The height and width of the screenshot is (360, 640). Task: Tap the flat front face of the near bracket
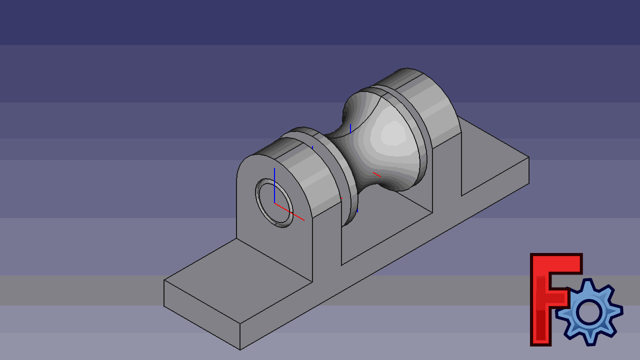click(280, 240)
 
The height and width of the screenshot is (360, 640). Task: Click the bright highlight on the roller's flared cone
click(392, 132)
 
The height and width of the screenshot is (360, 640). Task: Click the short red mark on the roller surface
click(376, 174)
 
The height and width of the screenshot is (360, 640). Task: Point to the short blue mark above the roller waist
click(350, 128)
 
